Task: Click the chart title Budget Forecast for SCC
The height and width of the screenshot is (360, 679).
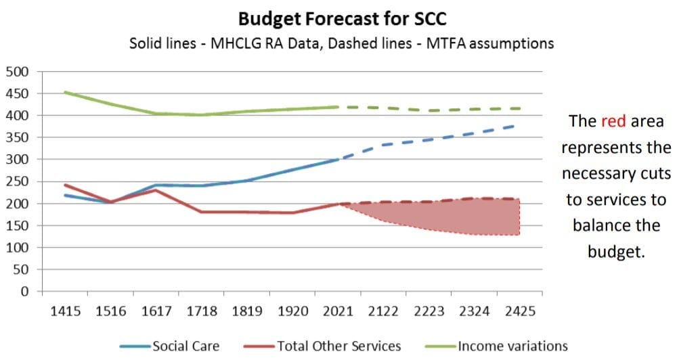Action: (342, 19)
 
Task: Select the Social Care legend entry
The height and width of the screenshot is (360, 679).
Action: (170, 346)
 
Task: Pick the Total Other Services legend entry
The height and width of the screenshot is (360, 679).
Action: (322, 346)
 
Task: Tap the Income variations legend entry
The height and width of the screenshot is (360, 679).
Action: (496, 346)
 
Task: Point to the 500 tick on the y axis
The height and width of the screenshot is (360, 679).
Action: (17, 72)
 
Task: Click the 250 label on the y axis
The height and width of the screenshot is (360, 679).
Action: (17, 181)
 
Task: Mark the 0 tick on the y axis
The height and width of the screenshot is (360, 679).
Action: (24, 291)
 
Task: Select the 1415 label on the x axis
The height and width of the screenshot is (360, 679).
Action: (66, 311)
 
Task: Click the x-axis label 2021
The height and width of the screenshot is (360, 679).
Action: (338, 311)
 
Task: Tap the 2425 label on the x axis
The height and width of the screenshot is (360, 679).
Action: (520, 311)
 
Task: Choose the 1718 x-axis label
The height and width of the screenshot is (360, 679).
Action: (202, 311)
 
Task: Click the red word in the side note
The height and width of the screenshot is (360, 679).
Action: (613, 121)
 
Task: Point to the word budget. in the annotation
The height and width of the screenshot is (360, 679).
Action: (616, 252)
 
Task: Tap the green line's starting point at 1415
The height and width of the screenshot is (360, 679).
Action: (65, 92)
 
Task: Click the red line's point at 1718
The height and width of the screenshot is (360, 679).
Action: (202, 212)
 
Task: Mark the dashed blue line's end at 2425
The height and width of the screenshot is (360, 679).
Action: (514, 126)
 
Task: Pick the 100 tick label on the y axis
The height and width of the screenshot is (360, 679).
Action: (17, 248)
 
